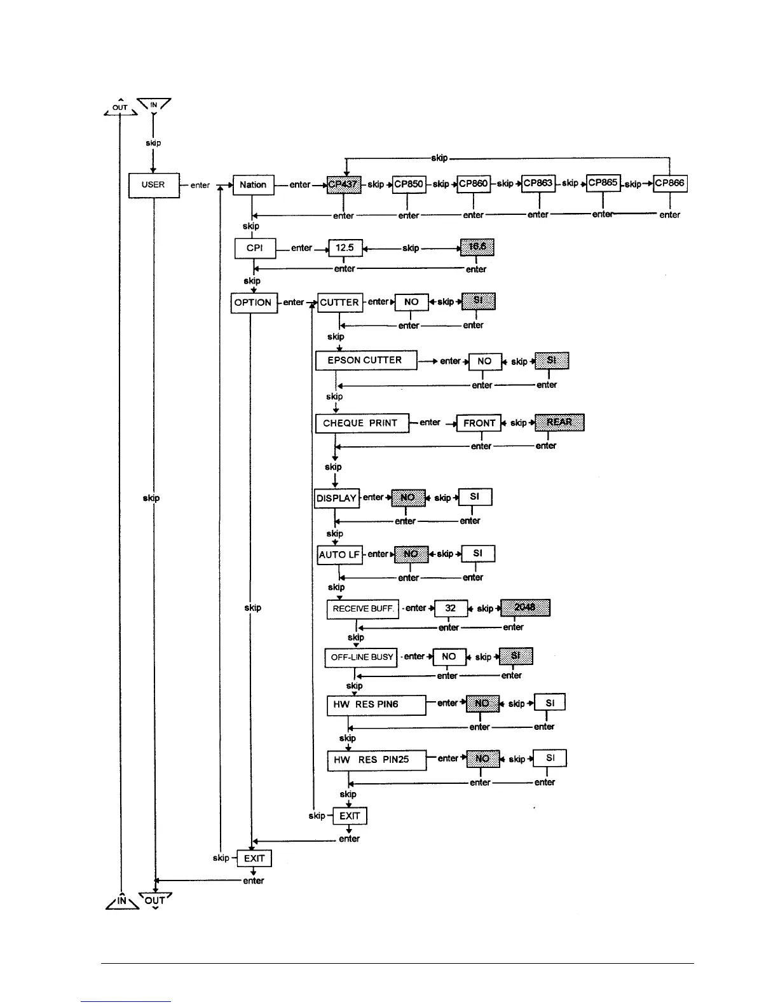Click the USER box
tap(154, 185)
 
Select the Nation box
tap(253, 185)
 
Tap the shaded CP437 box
tap(344, 184)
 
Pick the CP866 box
tap(670, 183)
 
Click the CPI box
tap(255, 248)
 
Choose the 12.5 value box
tap(345, 247)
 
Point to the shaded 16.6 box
tap(477, 247)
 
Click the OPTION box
tap(253, 303)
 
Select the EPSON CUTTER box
tap(366, 360)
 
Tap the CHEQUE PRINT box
tap(362, 423)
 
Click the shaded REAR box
tap(559, 422)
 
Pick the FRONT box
tap(479, 423)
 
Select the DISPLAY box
tap(337, 498)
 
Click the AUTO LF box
tap(339, 554)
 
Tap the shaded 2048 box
tap(525, 608)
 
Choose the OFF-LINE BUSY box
tap(361, 657)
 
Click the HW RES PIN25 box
tap(376, 760)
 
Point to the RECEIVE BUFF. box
tap(363, 609)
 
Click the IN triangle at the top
tap(154, 105)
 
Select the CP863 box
tap(538, 184)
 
